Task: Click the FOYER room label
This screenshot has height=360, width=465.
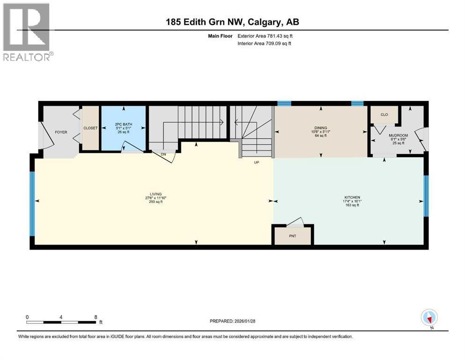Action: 61,132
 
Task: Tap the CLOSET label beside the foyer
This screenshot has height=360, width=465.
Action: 90,128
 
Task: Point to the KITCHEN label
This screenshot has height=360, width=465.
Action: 352,197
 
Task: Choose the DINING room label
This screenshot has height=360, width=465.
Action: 321,128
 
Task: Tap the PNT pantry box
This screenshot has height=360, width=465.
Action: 293,236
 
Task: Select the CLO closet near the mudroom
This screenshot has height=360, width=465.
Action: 384,114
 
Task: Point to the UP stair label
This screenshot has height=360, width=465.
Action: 257,162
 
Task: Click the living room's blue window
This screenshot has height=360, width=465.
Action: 32,203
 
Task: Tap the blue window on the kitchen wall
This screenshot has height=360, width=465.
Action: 426,195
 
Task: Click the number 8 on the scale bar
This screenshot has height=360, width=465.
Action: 96,316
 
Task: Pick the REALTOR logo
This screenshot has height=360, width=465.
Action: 27,32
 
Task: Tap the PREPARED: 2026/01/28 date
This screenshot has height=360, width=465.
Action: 233,321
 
